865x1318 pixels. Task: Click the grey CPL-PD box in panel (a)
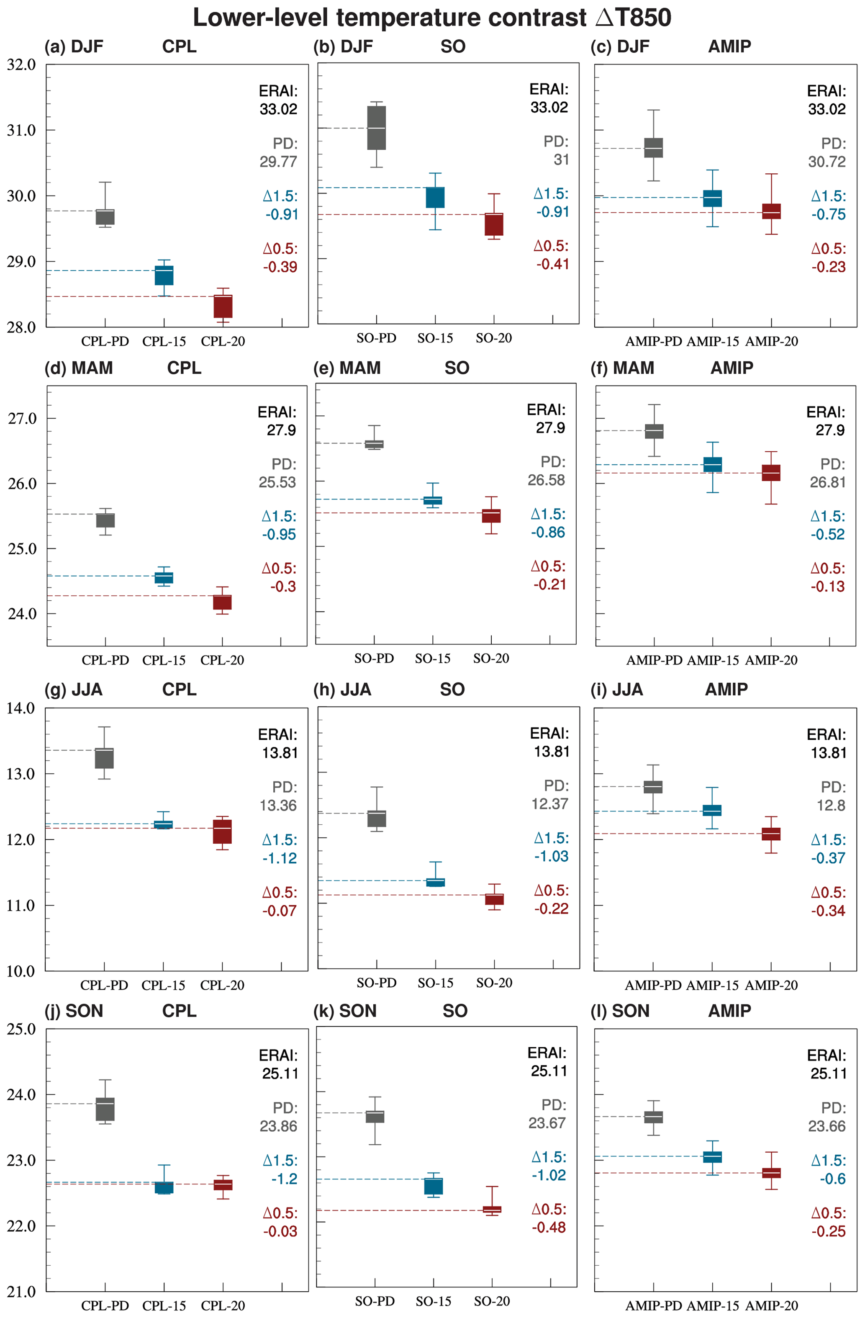105,217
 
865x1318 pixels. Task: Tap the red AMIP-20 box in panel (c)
772,211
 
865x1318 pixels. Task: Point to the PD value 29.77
278,162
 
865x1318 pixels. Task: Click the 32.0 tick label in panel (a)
21,65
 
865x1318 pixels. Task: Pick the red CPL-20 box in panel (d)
223,602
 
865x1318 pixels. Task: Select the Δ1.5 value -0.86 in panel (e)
548,533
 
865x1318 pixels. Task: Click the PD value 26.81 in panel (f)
827,482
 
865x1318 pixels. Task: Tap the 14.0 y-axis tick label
21,708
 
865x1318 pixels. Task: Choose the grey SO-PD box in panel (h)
377,819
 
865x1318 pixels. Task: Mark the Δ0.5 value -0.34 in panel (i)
828,911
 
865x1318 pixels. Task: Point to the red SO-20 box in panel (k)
492,1210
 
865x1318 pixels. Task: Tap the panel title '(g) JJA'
73,690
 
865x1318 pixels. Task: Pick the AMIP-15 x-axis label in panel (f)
713,660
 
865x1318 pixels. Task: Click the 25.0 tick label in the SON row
21,1029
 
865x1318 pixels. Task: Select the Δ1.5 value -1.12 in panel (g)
280,858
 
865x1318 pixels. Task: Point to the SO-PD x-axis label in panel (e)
374,659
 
